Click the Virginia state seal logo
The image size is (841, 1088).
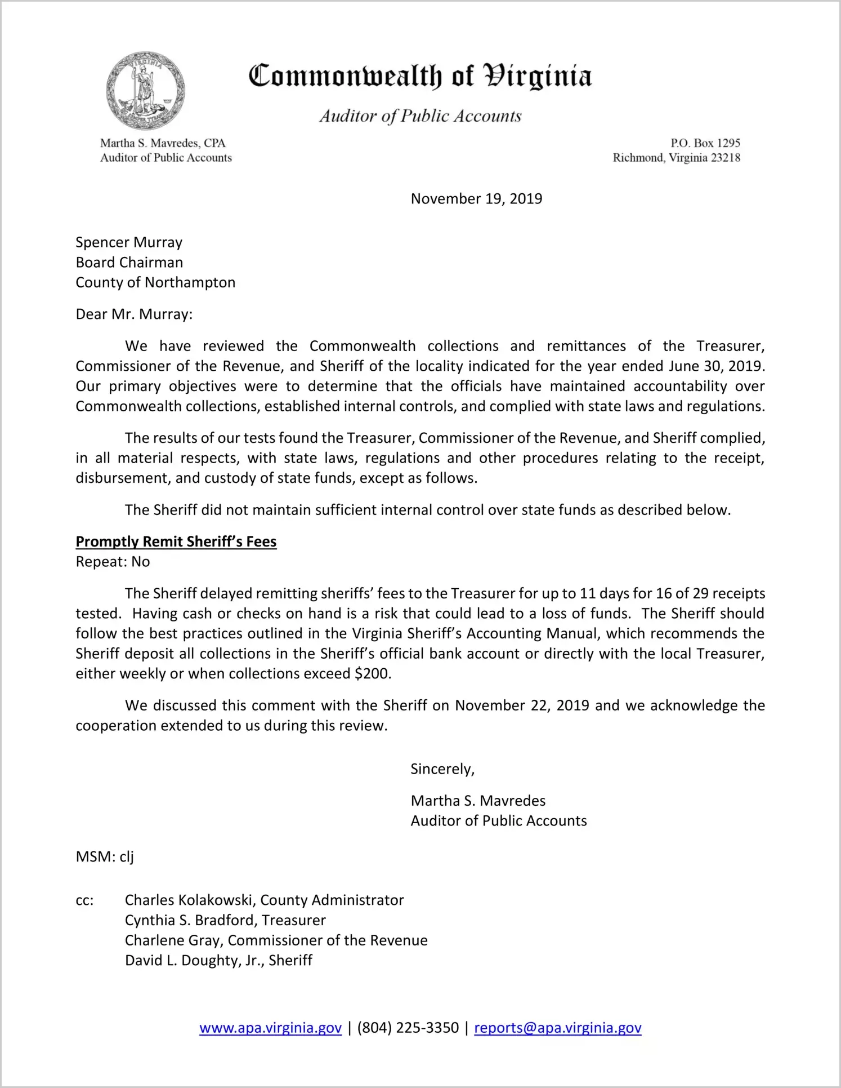pyautogui.click(x=146, y=91)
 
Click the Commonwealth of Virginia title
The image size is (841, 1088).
pyautogui.click(x=420, y=76)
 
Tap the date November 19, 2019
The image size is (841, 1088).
pyautogui.click(x=476, y=199)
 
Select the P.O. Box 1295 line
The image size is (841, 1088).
pyautogui.click(x=705, y=143)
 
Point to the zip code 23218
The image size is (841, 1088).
pyautogui.click(x=726, y=158)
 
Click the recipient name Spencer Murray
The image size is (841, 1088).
pyautogui.click(x=129, y=242)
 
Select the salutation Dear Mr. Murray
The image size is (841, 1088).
pyautogui.click(x=134, y=314)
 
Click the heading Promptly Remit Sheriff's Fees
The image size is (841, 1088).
pyautogui.click(x=176, y=542)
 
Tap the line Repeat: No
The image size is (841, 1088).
pyautogui.click(x=113, y=562)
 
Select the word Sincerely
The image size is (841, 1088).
pyautogui.click(x=442, y=769)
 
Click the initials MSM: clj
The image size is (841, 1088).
pyautogui.click(x=105, y=857)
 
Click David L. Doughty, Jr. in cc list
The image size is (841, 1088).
pyautogui.click(x=194, y=961)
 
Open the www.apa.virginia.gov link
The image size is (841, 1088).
pyautogui.click(x=270, y=1028)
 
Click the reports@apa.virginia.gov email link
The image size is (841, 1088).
pyautogui.click(x=557, y=1028)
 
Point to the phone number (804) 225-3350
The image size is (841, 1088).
pyautogui.click(x=408, y=1028)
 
